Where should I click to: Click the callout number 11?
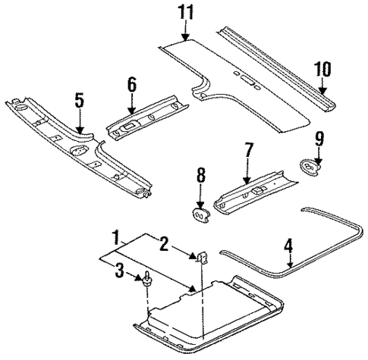pos(186,11)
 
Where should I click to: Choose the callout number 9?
pos(319,140)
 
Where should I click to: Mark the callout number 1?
pos(115,236)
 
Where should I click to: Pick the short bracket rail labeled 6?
pos(144,121)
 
